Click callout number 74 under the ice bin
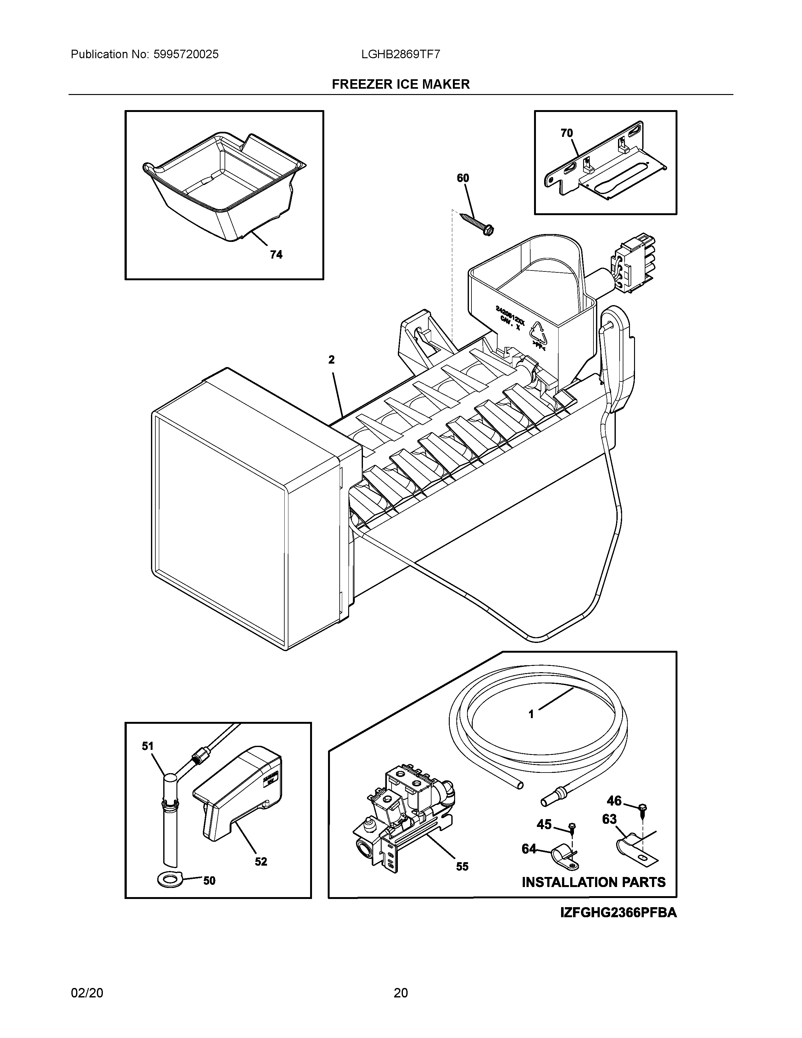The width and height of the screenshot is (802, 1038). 276,255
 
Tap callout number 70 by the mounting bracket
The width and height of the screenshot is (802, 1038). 566,133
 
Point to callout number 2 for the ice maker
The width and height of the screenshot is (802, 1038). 331,360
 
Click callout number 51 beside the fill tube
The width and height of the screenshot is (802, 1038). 148,746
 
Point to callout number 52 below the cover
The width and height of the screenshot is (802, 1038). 261,862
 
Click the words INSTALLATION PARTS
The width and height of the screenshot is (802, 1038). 593,883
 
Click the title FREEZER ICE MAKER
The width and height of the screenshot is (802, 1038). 400,84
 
